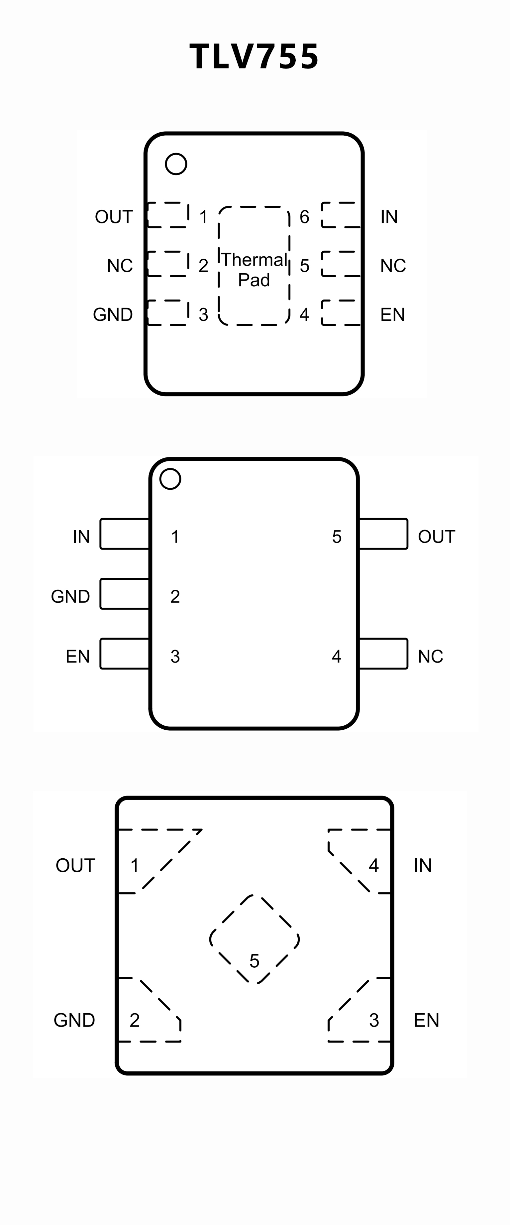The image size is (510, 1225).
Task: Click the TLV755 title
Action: point(254,57)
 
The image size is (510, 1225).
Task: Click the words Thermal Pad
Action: point(254,270)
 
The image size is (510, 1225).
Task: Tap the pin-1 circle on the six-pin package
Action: point(176,164)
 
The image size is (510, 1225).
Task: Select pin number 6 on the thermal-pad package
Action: point(304,217)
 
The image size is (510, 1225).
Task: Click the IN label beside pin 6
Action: point(389,217)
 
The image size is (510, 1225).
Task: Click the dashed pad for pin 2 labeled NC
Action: point(168,264)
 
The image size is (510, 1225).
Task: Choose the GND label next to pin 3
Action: point(113,314)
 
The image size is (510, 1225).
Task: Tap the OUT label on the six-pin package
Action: point(114,217)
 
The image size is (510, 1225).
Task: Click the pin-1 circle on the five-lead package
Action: point(170,479)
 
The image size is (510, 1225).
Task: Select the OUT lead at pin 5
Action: point(383,534)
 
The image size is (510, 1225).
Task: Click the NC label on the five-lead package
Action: point(430,656)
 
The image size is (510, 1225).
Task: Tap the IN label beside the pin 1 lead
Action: point(81,537)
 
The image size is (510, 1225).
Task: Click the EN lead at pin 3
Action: point(125,654)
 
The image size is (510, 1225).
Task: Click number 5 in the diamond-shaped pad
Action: point(254,961)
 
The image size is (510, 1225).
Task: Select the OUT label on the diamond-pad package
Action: point(75,866)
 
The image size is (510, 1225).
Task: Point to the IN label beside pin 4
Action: point(423,866)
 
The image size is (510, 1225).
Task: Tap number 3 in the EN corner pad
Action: point(374,1020)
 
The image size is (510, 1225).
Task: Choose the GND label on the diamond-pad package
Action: point(74,1020)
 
